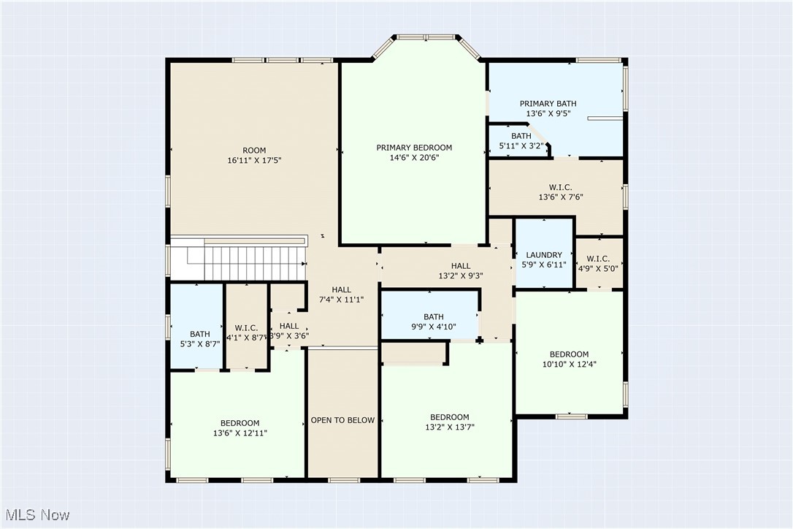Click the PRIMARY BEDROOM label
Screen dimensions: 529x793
point(414,148)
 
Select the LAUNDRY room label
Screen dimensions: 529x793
point(544,255)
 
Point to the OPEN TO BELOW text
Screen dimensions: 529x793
point(342,420)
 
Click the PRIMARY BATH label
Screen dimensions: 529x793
point(548,104)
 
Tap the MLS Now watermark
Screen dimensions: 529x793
point(35,515)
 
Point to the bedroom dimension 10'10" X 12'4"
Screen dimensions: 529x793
point(569,364)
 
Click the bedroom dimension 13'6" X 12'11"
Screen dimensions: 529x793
point(240,433)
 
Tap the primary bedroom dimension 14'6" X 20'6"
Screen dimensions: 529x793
point(414,157)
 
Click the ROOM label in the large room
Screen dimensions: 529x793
point(254,150)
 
